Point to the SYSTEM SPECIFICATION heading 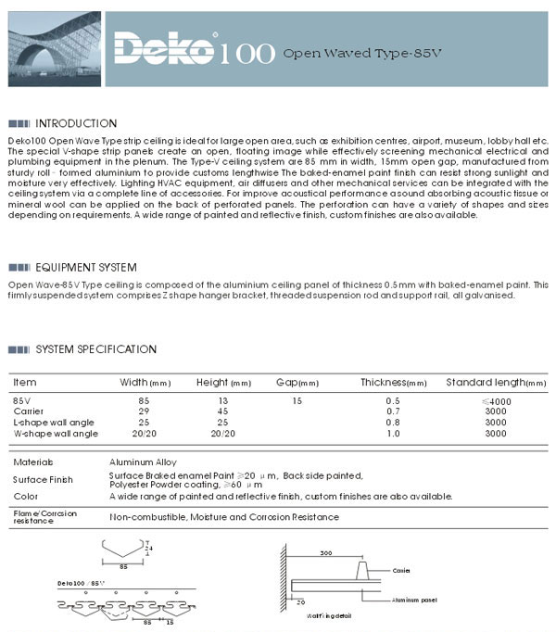tap(95, 349)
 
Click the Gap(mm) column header tap(297, 382)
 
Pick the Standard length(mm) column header tap(496, 382)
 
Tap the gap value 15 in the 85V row tap(297, 399)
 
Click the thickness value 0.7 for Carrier tap(393, 411)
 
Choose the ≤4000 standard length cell tap(496, 399)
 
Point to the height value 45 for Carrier tap(223, 411)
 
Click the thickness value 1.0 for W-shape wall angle tap(393, 433)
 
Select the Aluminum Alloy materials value tap(143, 461)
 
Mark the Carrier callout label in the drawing tap(401, 571)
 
